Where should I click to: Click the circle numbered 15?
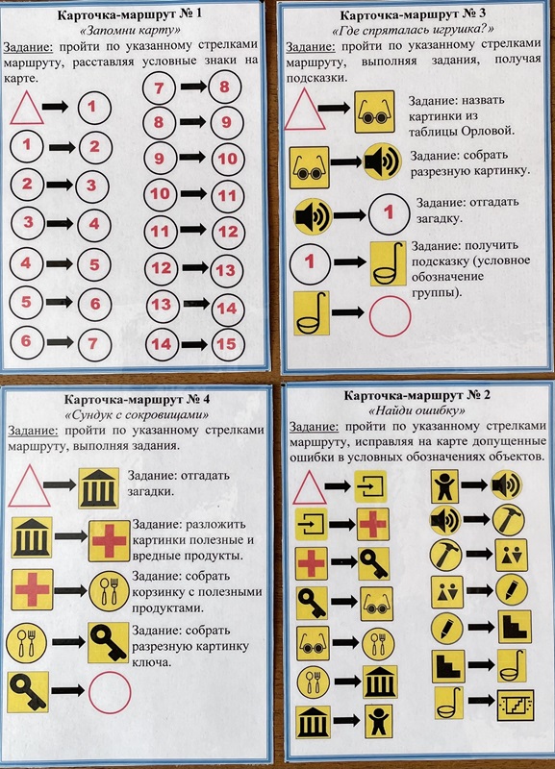point(228,344)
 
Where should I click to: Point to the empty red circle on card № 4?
point(110,692)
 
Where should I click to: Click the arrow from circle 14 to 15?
point(194,344)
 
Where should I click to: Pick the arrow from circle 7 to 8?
point(193,87)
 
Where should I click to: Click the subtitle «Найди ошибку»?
point(416,410)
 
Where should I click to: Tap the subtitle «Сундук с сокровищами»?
point(137,415)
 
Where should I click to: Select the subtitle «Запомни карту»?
point(130,31)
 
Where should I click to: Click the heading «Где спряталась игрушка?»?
point(414,31)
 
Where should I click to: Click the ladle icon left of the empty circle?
point(311,313)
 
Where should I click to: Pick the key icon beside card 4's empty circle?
point(29,692)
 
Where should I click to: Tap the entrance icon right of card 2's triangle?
point(370,486)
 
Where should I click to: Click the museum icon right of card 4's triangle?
point(99,488)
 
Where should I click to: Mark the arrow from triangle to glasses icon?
point(334,109)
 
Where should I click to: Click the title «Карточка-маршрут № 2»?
point(416,395)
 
